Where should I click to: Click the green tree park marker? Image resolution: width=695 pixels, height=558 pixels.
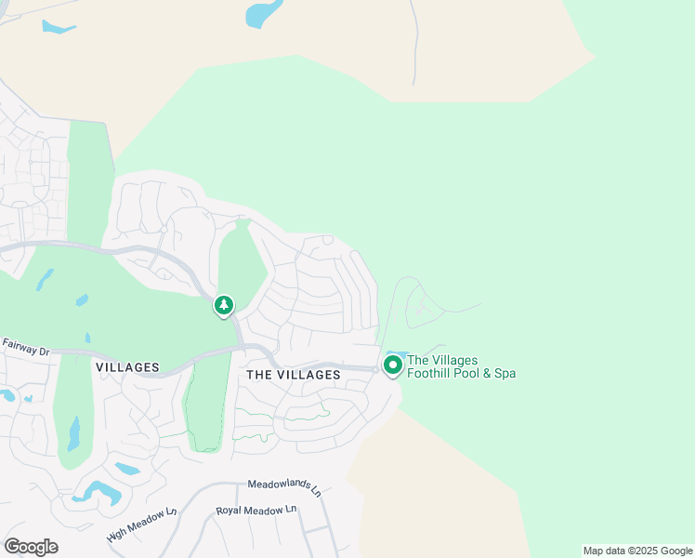[x=223, y=305]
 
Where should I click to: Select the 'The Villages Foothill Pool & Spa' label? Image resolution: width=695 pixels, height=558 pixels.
[x=461, y=367]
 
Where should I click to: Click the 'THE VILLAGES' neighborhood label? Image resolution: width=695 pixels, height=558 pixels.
[x=294, y=374]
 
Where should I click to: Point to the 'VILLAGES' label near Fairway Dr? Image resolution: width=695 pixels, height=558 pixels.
[x=127, y=367]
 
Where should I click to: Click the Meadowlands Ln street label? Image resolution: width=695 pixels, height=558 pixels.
[x=283, y=485]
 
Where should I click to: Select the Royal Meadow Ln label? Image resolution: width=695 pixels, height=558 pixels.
[x=256, y=511]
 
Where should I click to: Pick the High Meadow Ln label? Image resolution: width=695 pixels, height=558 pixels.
[x=141, y=526]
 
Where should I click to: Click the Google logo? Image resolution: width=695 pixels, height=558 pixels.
[x=31, y=547]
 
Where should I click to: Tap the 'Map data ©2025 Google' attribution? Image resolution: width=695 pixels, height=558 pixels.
[x=638, y=551]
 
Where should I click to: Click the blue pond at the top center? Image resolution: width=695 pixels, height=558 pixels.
[x=264, y=14]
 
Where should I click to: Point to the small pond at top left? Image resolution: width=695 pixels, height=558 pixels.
[x=58, y=27]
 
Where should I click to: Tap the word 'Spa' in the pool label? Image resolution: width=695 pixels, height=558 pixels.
[x=505, y=374]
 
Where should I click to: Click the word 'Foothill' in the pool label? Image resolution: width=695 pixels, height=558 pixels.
[x=430, y=374]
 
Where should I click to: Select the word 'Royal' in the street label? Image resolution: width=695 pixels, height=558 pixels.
[x=230, y=511]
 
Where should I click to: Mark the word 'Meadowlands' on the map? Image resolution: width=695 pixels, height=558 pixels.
[x=277, y=485]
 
